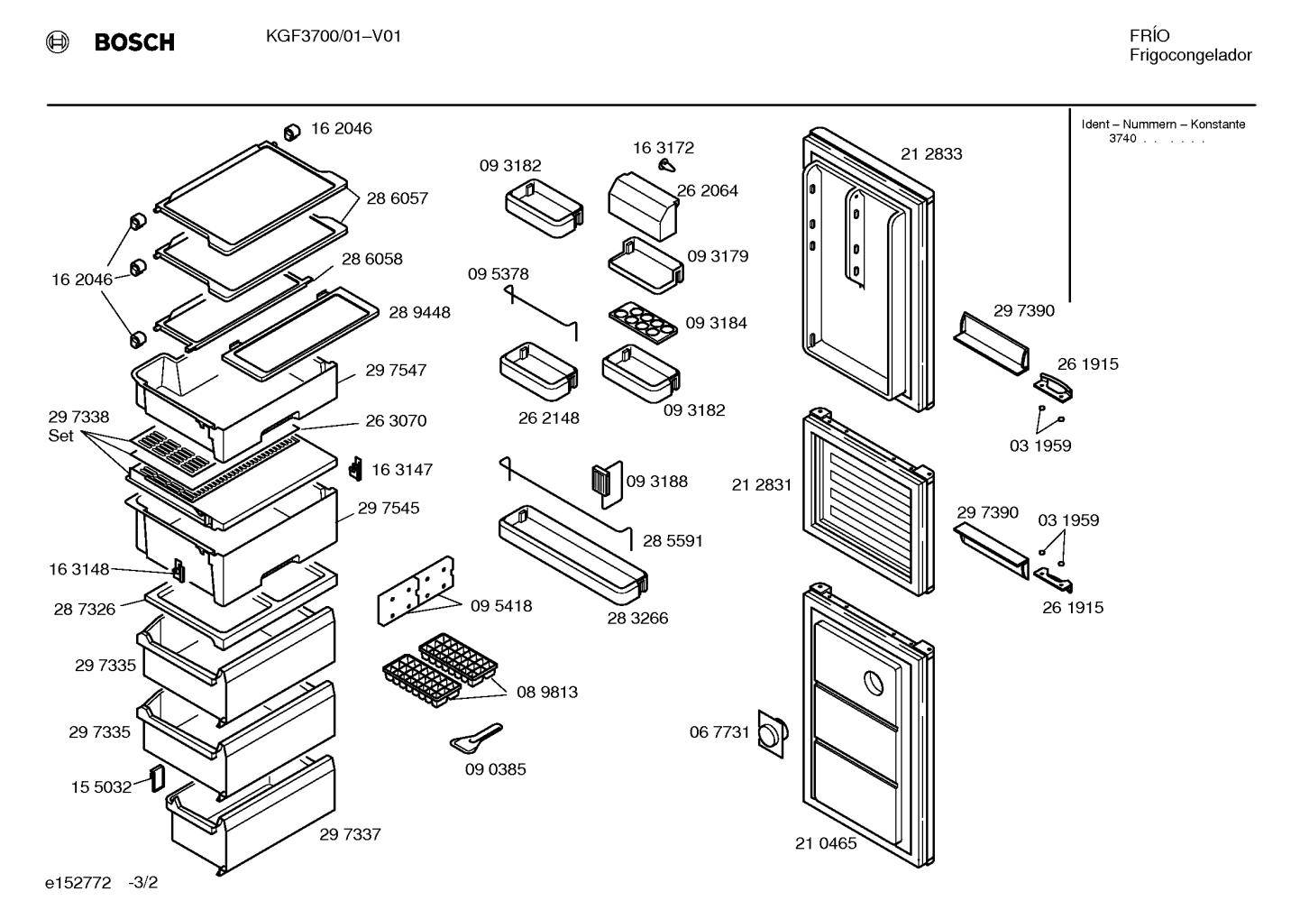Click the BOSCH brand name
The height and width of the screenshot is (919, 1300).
coord(134,42)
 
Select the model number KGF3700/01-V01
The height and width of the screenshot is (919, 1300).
coord(334,37)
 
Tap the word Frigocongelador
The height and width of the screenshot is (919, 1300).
coord(1190,56)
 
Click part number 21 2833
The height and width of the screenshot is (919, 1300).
coord(931,154)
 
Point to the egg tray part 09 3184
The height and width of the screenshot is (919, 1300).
coord(643,322)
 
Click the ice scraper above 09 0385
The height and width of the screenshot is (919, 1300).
coord(476,738)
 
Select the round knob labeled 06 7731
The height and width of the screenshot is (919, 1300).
coord(772,734)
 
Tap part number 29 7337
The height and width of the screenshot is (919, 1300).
coord(350,834)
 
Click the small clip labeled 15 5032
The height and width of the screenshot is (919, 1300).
coord(157,778)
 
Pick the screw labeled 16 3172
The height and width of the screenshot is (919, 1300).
coord(667,166)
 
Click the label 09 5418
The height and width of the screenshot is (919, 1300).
coord(501,606)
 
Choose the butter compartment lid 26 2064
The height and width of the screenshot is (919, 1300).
coord(643,207)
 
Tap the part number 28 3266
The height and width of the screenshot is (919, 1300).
coord(637,619)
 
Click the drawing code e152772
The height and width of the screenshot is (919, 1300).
coord(78,883)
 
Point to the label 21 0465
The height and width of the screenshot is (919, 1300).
coord(826,843)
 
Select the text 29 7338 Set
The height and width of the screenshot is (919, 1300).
coord(78,426)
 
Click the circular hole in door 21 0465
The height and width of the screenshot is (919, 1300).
coord(874,683)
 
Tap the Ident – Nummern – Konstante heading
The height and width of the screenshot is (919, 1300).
coord(1163,124)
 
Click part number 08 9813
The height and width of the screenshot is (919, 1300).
coord(547,693)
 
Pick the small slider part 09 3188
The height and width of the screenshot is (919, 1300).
coord(607,484)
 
